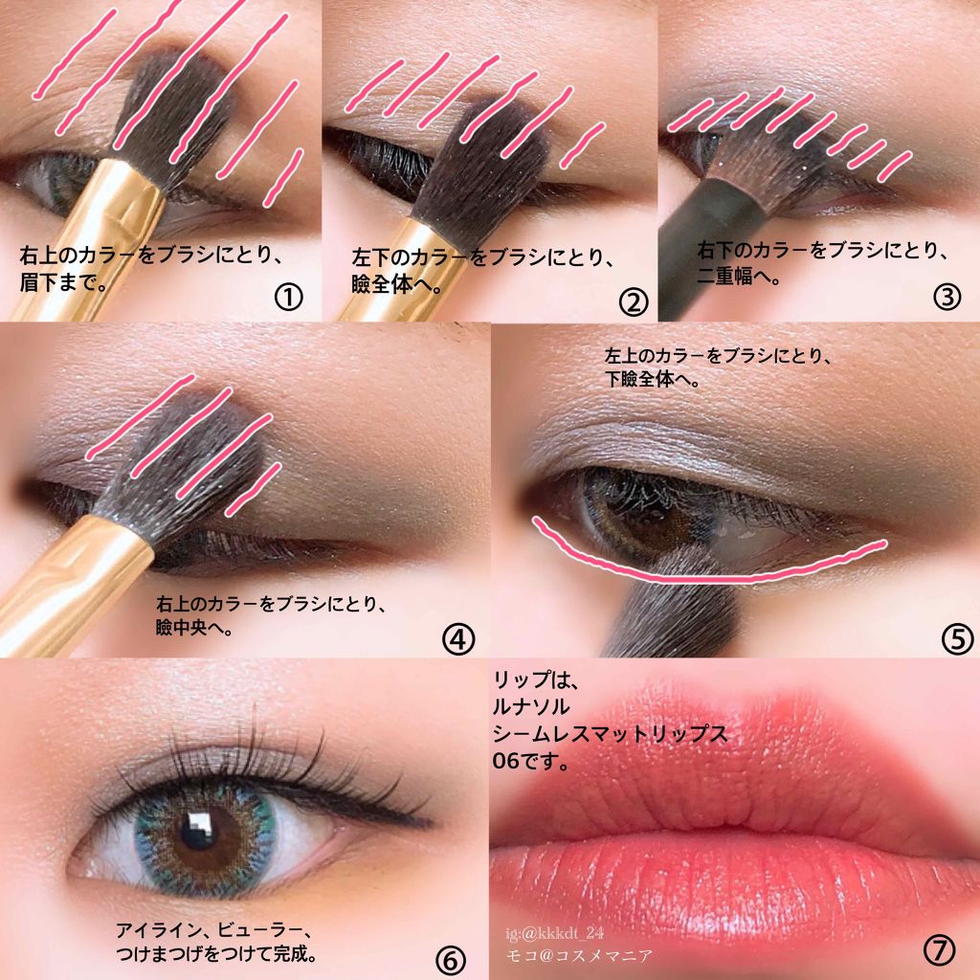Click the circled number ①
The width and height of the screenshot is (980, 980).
288,298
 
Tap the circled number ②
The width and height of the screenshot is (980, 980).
633,301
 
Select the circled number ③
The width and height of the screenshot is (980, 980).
947,298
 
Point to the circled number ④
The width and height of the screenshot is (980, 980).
458,636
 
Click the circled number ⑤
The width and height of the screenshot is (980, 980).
956,638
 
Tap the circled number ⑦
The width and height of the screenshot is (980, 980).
940,949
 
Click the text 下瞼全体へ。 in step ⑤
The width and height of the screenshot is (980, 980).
651,380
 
